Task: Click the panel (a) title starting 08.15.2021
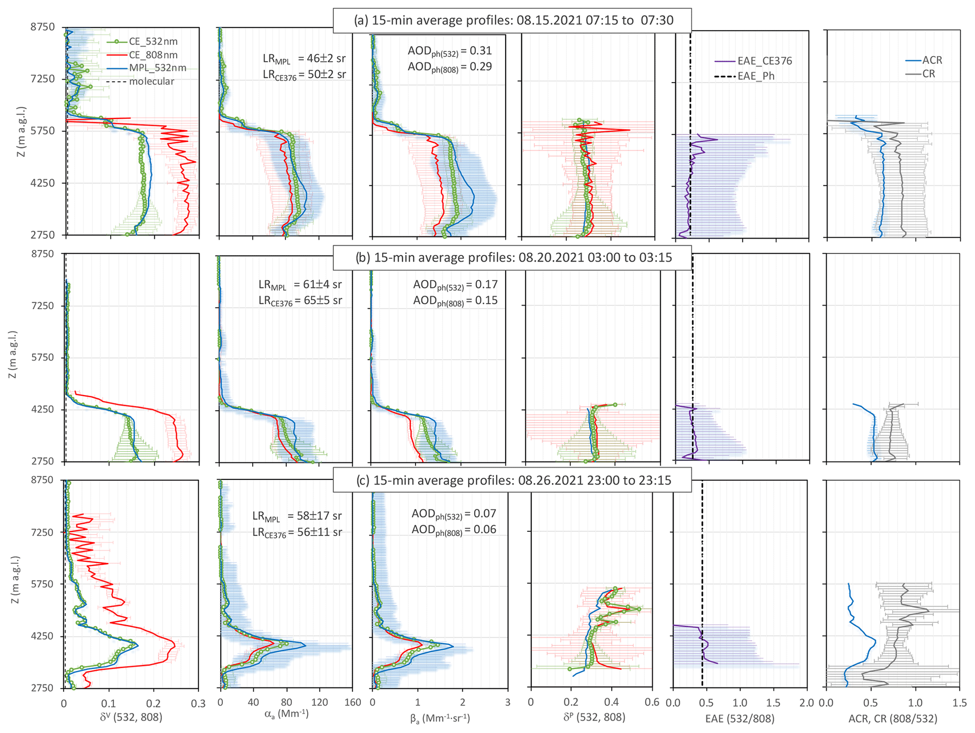coord(513,21)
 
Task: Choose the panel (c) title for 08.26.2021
coord(513,480)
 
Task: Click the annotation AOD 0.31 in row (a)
coord(450,51)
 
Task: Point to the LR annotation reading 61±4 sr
coord(300,285)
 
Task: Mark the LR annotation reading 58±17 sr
coord(297,516)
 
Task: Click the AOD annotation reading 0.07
coord(454,514)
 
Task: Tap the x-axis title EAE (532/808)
coord(740,718)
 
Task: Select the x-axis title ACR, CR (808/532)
coord(892,718)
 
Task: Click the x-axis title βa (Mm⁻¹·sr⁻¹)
coord(440,718)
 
